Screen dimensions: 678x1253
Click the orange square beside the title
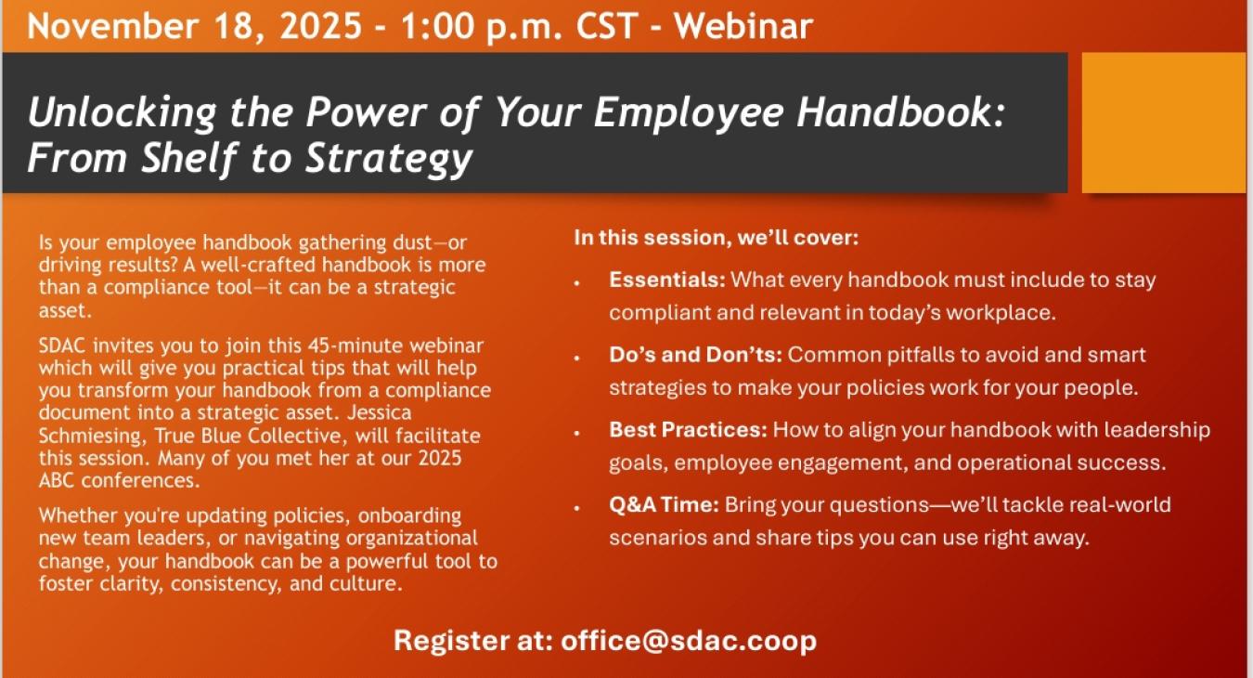click(1164, 122)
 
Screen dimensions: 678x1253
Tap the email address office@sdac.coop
click(688, 641)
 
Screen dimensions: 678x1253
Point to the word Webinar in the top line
click(743, 25)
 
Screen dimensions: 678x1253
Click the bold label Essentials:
click(667, 280)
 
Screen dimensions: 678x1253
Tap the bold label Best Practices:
click(688, 430)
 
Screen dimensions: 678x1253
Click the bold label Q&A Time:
click(664, 505)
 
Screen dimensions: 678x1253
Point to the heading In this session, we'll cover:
click(717, 238)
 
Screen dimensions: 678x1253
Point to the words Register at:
click(472, 641)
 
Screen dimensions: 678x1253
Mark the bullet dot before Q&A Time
click(577, 507)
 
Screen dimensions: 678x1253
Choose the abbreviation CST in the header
click(607, 25)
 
